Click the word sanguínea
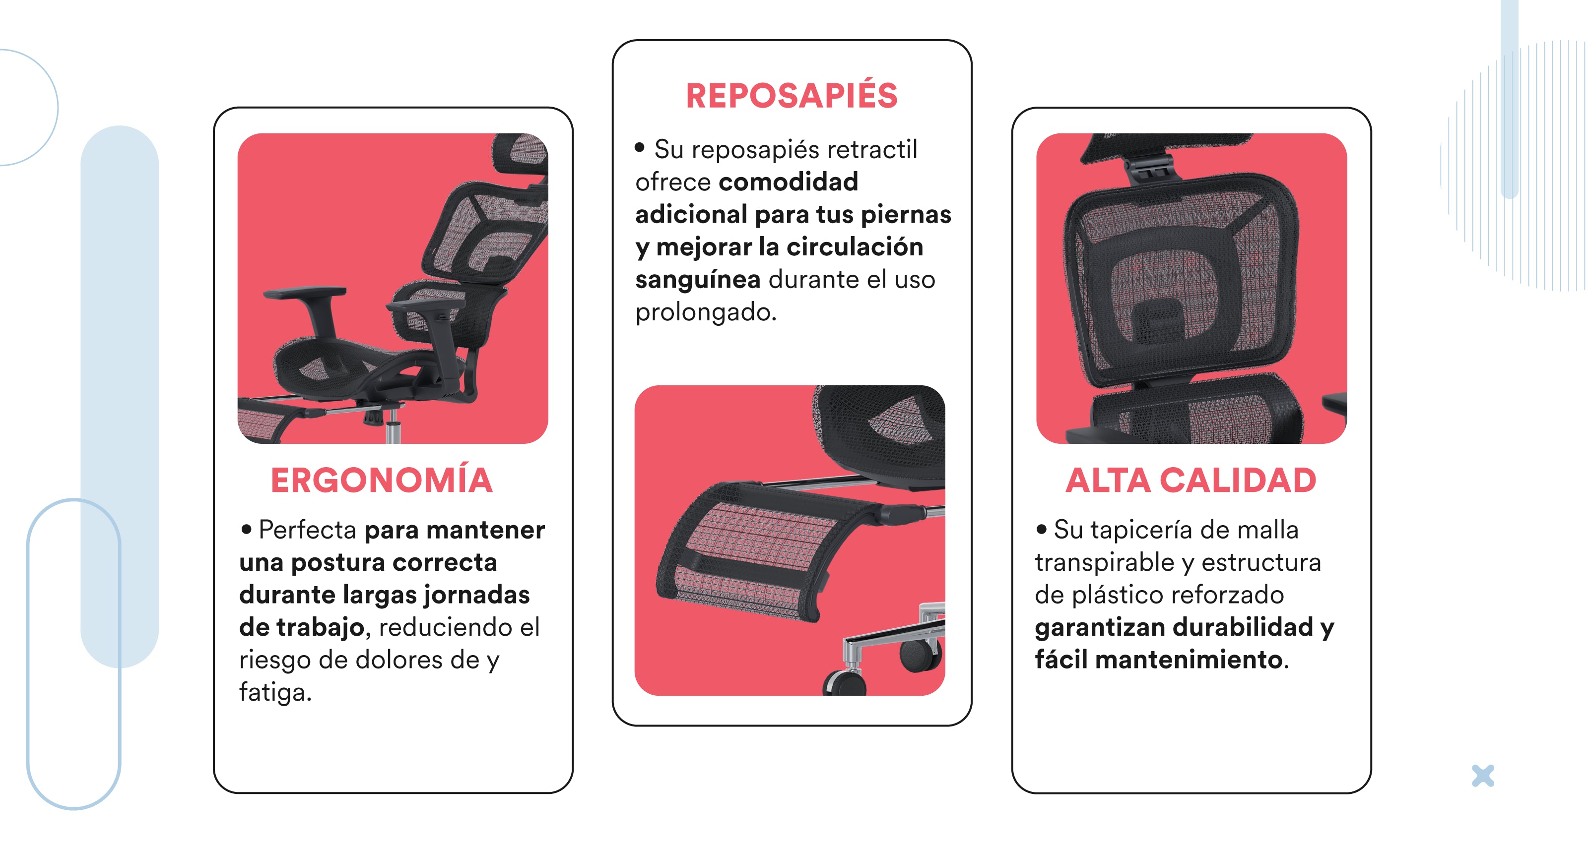click(x=698, y=280)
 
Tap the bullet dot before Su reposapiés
click(x=639, y=147)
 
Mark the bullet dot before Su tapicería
click(x=1041, y=528)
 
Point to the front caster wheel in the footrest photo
click(x=845, y=682)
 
